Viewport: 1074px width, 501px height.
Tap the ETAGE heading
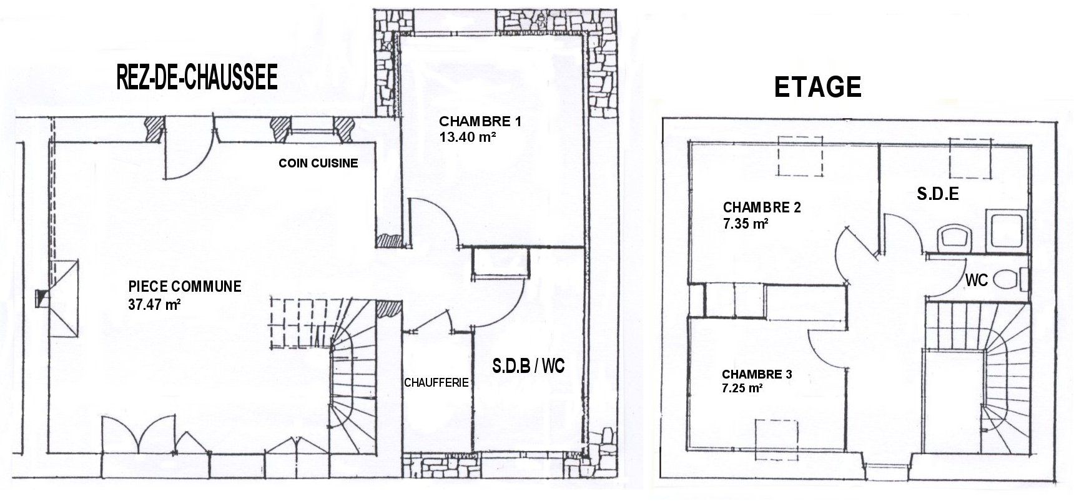(x=817, y=87)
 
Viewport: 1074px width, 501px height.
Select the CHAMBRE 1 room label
(x=480, y=121)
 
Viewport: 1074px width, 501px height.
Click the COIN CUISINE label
(x=318, y=163)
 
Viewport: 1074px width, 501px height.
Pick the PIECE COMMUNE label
(x=184, y=287)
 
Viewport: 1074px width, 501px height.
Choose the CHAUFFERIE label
(x=436, y=382)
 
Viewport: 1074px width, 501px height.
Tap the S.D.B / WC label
(x=528, y=365)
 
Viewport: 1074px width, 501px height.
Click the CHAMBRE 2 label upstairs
(x=762, y=207)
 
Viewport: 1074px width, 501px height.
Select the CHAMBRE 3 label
(x=757, y=374)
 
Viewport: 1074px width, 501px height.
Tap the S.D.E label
(x=938, y=194)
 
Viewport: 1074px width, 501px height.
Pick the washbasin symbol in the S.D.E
(x=955, y=237)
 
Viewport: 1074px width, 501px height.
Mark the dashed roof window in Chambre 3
(x=776, y=439)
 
